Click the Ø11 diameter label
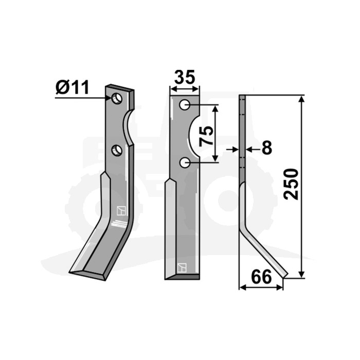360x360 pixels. tap(73, 87)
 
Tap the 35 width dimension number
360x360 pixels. tap(185, 77)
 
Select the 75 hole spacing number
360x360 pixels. tap(206, 136)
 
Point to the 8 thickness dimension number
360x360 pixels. tap(267, 148)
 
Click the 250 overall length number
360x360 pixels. tap(291, 184)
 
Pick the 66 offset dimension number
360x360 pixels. tap(261, 277)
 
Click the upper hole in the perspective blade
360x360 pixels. tap(117, 99)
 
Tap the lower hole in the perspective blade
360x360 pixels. tap(117, 150)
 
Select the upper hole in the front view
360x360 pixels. tap(185, 105)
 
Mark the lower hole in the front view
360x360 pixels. tap(185, 163)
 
